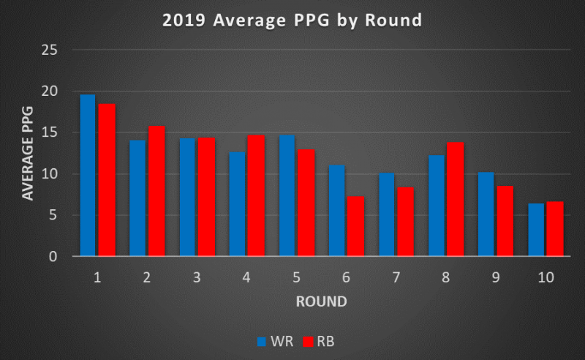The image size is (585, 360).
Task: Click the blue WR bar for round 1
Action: pyautogui.click(x=88, y=176)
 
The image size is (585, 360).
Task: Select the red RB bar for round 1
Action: pyautogui.click(x=107, y=180)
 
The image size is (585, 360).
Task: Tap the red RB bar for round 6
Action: pyautogui.click(x=355, y=226)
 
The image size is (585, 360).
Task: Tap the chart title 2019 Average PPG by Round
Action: pyautogui.click(x=292, y=20)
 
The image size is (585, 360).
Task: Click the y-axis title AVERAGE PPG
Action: pyautogui.click(x=29, y=154)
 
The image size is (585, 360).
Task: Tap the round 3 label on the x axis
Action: pyautogui.click(x=197, y=277)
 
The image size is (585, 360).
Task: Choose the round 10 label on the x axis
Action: pyautogui.click(x=546, y=277)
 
